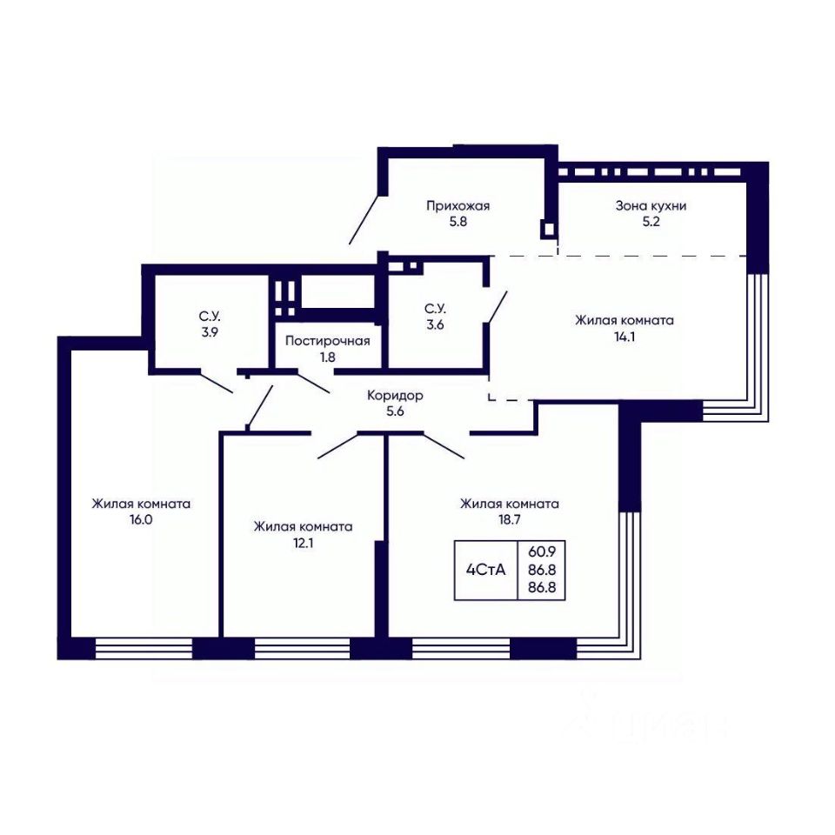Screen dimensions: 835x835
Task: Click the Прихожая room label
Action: coord(458,206)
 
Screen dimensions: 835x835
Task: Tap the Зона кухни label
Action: coord(651,206)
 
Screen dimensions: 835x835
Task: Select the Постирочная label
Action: coord(328,341)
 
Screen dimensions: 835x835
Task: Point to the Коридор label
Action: coord(395,396)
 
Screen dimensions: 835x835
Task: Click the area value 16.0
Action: coord(141,520)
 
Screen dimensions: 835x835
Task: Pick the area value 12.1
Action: coord(303,543)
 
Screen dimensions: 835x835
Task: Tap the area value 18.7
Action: coord(509,520)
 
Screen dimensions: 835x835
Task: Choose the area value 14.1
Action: coord(625,337)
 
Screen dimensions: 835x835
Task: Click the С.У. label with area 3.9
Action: coord(210,317)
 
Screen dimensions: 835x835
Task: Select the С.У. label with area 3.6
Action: coord(435,309)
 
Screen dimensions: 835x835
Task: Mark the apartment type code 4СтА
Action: coord(485,571)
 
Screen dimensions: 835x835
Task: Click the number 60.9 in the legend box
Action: coord(542,552)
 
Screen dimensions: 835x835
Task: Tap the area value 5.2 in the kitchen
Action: coord(651,222)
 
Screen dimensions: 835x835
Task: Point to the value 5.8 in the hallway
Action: coord(458,222)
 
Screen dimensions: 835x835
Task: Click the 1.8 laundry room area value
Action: coord(328,357)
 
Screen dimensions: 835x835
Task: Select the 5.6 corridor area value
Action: coord(395,411)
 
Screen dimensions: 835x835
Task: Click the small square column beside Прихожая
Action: coord(549,229)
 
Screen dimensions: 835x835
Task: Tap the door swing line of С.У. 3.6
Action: coord(497,306)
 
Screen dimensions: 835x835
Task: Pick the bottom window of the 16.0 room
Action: coord(144,649)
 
